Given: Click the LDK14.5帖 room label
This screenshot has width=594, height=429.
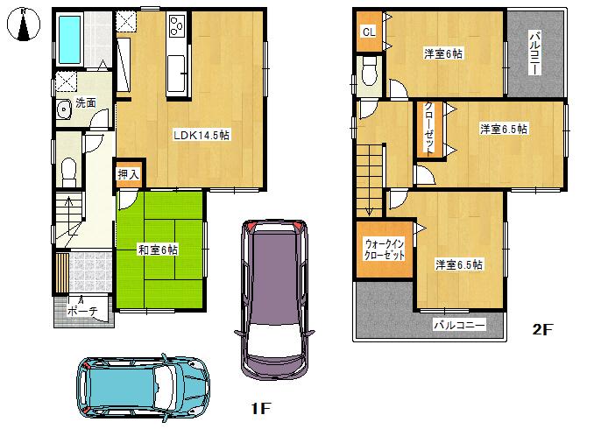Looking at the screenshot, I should point(202,135).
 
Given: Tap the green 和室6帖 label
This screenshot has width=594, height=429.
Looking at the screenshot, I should point(159,250).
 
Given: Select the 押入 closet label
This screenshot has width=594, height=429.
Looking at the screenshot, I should point(129,174).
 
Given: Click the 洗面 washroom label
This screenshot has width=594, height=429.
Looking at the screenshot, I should point(85,102).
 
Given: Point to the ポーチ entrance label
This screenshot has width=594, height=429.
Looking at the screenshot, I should point(81,311).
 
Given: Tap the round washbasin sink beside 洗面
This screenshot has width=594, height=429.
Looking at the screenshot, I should point(64,110).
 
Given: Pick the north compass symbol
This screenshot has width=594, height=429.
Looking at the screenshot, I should point(26,26).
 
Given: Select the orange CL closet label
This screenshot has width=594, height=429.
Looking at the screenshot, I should point(370,32).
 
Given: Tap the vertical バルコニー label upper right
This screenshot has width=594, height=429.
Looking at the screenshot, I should point(535,53).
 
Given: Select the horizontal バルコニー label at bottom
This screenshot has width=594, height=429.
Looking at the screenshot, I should point(459,325).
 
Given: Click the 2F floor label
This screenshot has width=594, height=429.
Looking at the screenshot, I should point(543,330).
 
